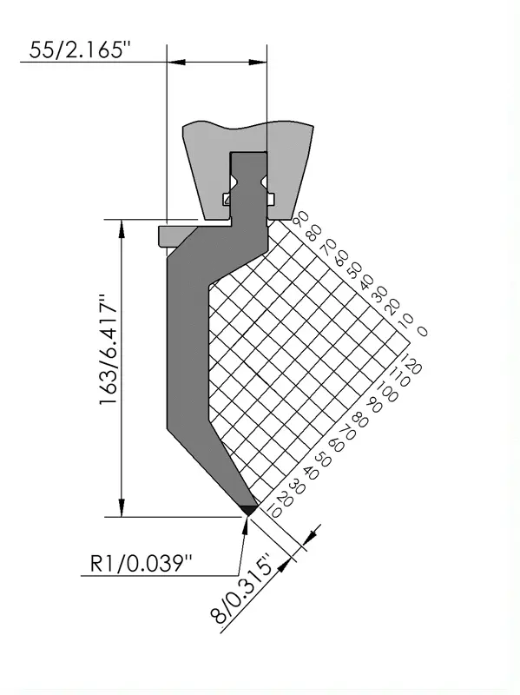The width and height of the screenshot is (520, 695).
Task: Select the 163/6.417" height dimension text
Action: pos(108,349)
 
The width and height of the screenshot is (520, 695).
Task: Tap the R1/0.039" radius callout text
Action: pos(141,564)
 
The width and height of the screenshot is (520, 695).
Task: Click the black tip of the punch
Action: pos(249,510)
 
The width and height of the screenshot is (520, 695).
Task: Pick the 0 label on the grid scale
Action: pos(423,331)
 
